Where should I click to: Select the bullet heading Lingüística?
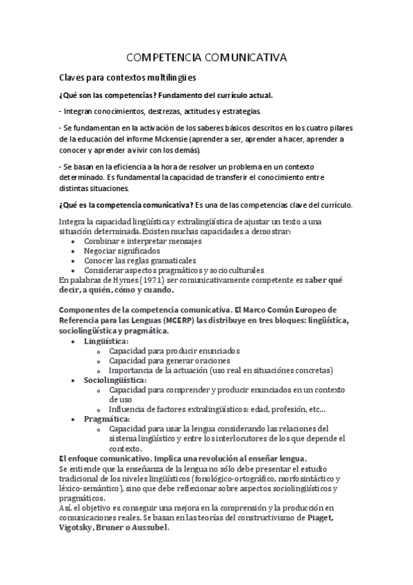106,341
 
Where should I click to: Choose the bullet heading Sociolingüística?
115,380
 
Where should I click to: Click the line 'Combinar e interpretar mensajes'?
143,241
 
